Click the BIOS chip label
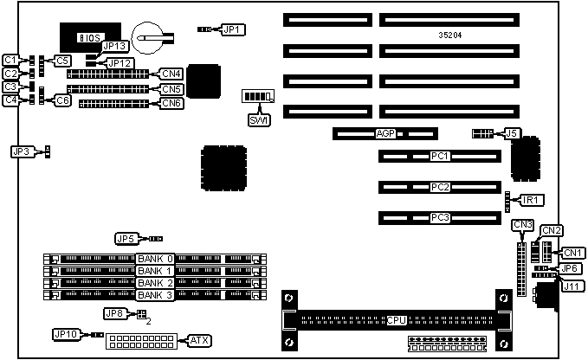(x=88, y=37)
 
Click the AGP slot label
(x=385, y=134)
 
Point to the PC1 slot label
(x=439, y=157)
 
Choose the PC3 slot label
(x=439, y=217)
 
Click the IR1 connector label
(x=532, y=200)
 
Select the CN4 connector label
(x=171, y=74)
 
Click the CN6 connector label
(x=171, y=104)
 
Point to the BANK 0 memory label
(x=156, y=259)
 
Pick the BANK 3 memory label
(x=156, y=295)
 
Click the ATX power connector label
(x=199, y=339)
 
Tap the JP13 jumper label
(x=115, y=47)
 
